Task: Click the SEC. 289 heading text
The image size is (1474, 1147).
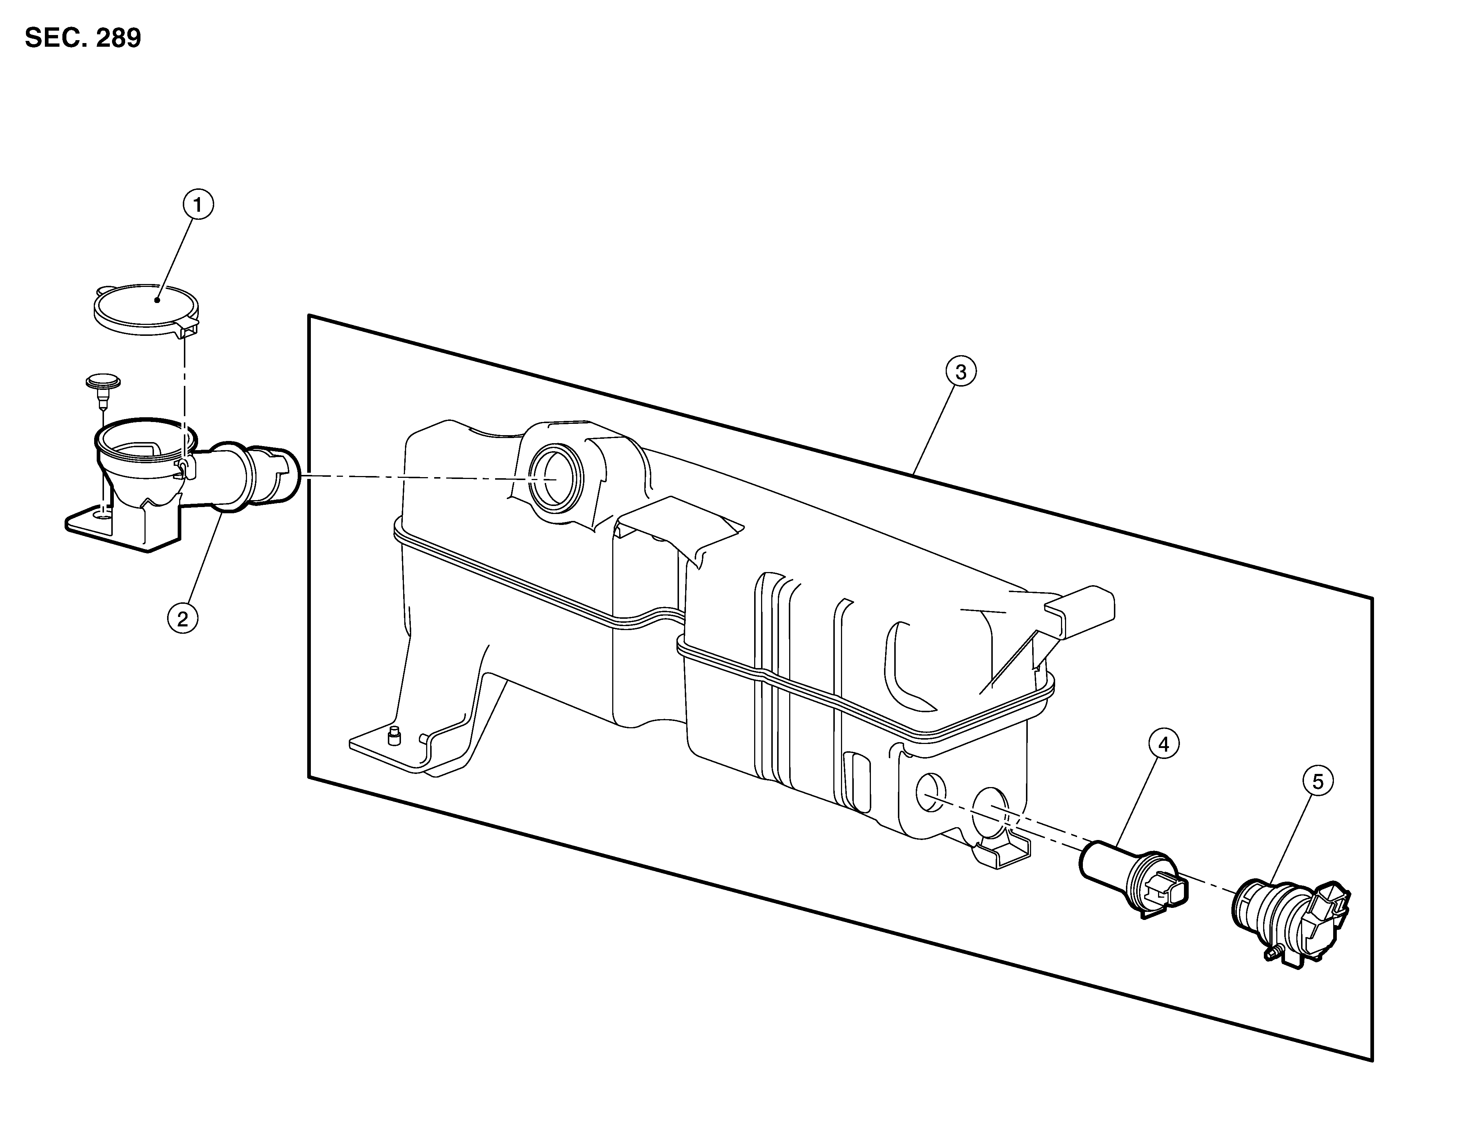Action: pos(83,38)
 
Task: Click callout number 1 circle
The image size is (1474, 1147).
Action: pos(198,205)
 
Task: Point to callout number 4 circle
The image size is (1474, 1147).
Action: pos(1163,744)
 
